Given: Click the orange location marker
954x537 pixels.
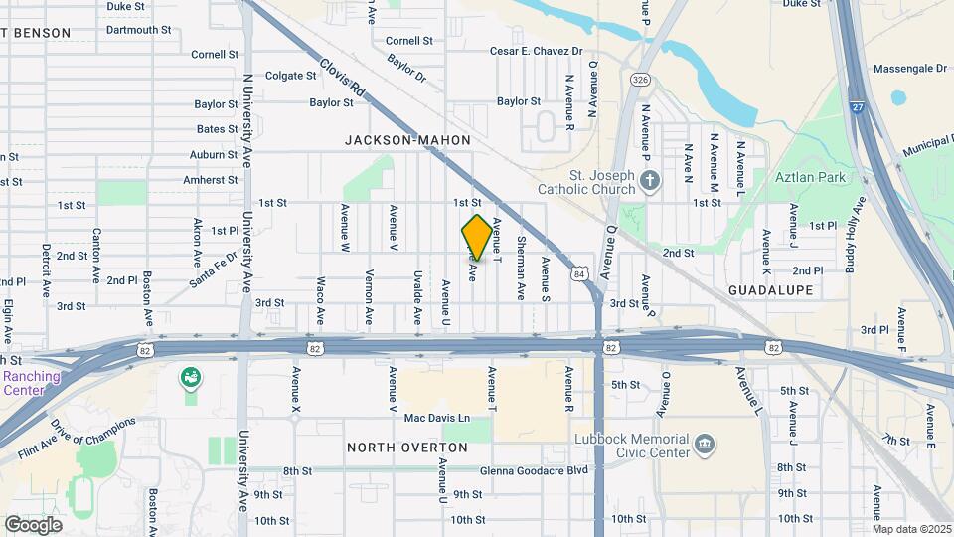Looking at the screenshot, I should coord(477,237).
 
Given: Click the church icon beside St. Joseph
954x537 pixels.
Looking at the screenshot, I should coord(650,180).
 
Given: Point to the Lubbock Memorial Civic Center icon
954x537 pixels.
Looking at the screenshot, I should coord(705,443).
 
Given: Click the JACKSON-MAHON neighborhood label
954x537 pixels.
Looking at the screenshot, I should coord(407,140).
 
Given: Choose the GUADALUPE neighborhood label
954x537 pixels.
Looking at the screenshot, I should coord(771,289).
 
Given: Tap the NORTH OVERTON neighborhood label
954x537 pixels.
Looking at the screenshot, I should coord(407,447).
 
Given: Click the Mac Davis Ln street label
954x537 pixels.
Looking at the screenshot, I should coord(436,418).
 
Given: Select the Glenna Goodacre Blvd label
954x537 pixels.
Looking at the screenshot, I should coord(534,471).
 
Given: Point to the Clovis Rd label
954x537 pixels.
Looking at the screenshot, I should coord(344,80).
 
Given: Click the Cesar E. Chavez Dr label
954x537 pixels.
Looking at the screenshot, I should coord(536,51).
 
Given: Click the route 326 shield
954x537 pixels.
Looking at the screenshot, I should coord(641,79).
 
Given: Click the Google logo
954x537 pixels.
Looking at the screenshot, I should coord(33,524).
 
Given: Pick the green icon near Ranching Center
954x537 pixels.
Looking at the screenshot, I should coord(189,378).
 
